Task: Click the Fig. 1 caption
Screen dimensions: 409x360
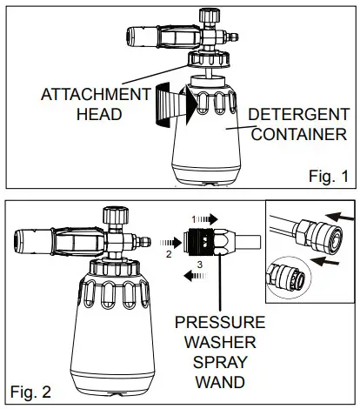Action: tap(328, 176)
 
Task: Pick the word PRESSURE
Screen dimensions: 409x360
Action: tap(219, 323)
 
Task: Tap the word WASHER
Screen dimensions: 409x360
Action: tap(219, 343)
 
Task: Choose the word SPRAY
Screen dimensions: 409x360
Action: tap(219, 363)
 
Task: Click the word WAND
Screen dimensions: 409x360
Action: tap(219, 383)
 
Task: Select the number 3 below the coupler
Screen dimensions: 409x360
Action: tap(199, 262)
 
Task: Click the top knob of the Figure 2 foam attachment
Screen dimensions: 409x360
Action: tap(113, 213)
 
